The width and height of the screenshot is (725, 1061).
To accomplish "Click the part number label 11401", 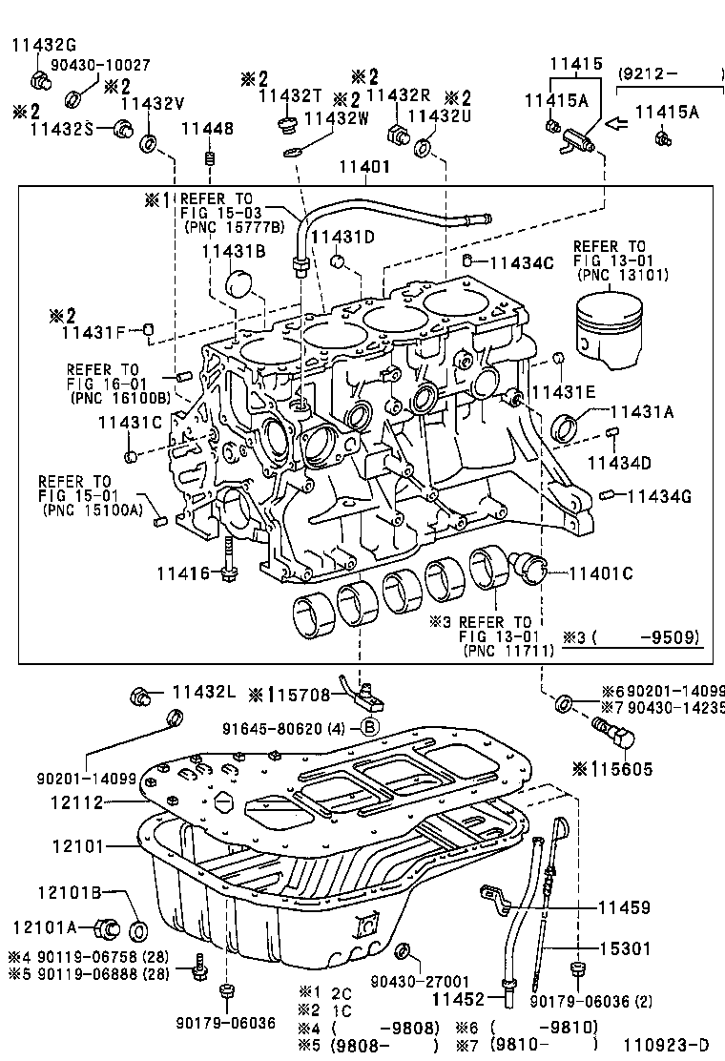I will click(x=364, y=167).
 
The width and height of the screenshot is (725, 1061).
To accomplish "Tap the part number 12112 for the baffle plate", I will click(x=76, y=803).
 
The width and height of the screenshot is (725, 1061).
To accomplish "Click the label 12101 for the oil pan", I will click(x=76, y=845).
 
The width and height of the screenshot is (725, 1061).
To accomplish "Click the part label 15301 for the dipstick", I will click(x=624, y=948).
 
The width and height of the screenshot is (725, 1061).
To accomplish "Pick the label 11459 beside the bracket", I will click(x=624, y=908).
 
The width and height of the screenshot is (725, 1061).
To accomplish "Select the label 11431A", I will click(x=642, y=411).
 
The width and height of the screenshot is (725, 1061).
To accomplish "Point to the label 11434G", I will click(x=659, y=495).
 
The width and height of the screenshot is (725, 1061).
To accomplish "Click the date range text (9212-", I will click(x=649, y=73).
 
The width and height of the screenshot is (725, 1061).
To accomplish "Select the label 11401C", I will click(x=601, y=573).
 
